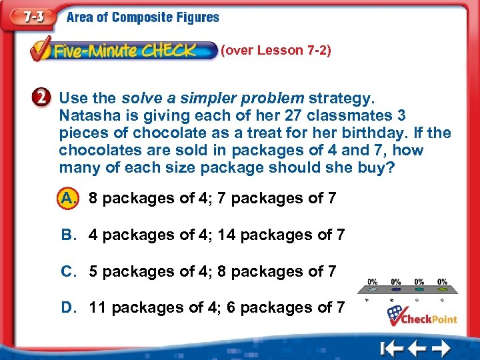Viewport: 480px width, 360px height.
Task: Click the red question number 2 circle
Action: point(42,99)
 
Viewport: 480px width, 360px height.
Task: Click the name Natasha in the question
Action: point(84,115)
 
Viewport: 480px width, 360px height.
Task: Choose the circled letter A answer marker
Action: point(66,198)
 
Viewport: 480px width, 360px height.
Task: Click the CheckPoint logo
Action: point(423,315)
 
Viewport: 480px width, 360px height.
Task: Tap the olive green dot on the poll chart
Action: point(443,289)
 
